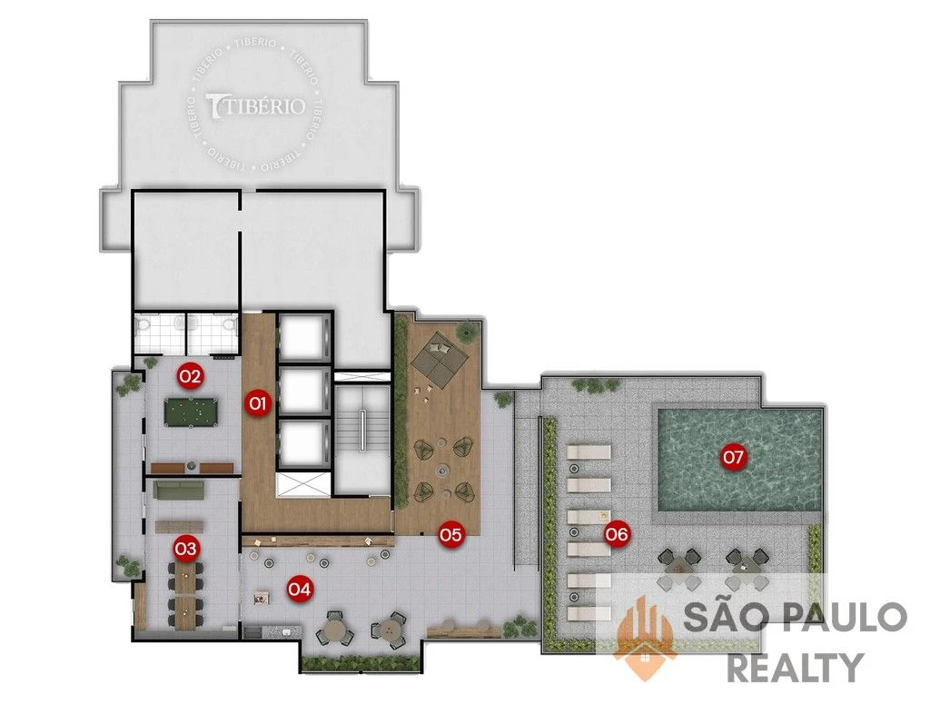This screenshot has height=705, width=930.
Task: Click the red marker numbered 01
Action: [257, 404]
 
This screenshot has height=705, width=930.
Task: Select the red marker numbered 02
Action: [191, 375]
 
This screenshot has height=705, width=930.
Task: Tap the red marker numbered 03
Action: [185, 548]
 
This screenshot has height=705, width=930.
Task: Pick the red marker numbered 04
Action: [300, 590]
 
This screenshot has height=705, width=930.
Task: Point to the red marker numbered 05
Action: [450, 535]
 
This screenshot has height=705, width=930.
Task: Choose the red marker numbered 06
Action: [617, 535]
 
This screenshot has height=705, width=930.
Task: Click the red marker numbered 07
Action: [734, 457]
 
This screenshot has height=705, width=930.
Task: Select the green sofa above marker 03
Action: [179, 490]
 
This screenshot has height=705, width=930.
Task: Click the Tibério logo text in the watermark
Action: [255, 105]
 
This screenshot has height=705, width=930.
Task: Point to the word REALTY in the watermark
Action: [795, 667]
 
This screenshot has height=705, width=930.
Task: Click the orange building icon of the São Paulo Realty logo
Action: [645, 638]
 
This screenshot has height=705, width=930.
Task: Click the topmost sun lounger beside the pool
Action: [589, 452]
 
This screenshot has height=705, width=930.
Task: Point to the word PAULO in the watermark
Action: [846, 617]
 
